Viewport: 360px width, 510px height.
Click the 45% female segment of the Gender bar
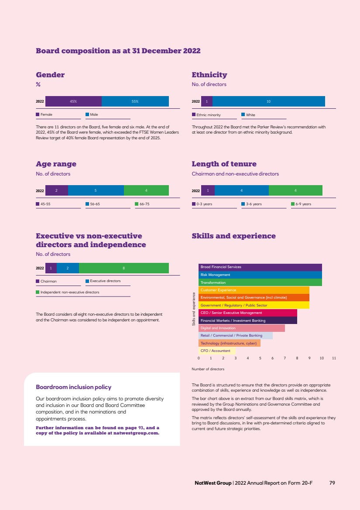coord(73,101)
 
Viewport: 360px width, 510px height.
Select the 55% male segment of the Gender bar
coord(135,101)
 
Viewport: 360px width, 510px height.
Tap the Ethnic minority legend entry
coord(208,115)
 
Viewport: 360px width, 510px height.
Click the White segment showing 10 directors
coord(268,101)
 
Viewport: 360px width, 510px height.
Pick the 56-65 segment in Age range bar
coord(96,190)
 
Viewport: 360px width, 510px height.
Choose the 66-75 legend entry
coord(144,204)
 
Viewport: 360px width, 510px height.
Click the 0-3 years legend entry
coord(204,204)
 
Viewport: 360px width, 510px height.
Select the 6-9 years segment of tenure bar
coord(296,190)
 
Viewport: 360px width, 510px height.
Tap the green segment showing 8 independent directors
coord(124,268)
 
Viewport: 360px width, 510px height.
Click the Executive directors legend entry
coord(105,281)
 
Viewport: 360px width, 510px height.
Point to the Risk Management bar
coord(260,275)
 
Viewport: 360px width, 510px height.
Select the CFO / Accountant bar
coord(217,351)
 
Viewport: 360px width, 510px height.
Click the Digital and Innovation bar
coord(241,328)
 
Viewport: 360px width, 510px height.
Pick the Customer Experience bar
coord(254,290)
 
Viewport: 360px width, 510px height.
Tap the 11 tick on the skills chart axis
coord(334,358)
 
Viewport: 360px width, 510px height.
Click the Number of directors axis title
coord(208,369)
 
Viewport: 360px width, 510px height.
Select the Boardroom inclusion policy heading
coord(73,387)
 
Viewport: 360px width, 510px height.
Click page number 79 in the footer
coord(332,483)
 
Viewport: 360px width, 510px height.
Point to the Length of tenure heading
coord(224,164)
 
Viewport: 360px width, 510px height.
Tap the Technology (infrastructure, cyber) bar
coord(229,343)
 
